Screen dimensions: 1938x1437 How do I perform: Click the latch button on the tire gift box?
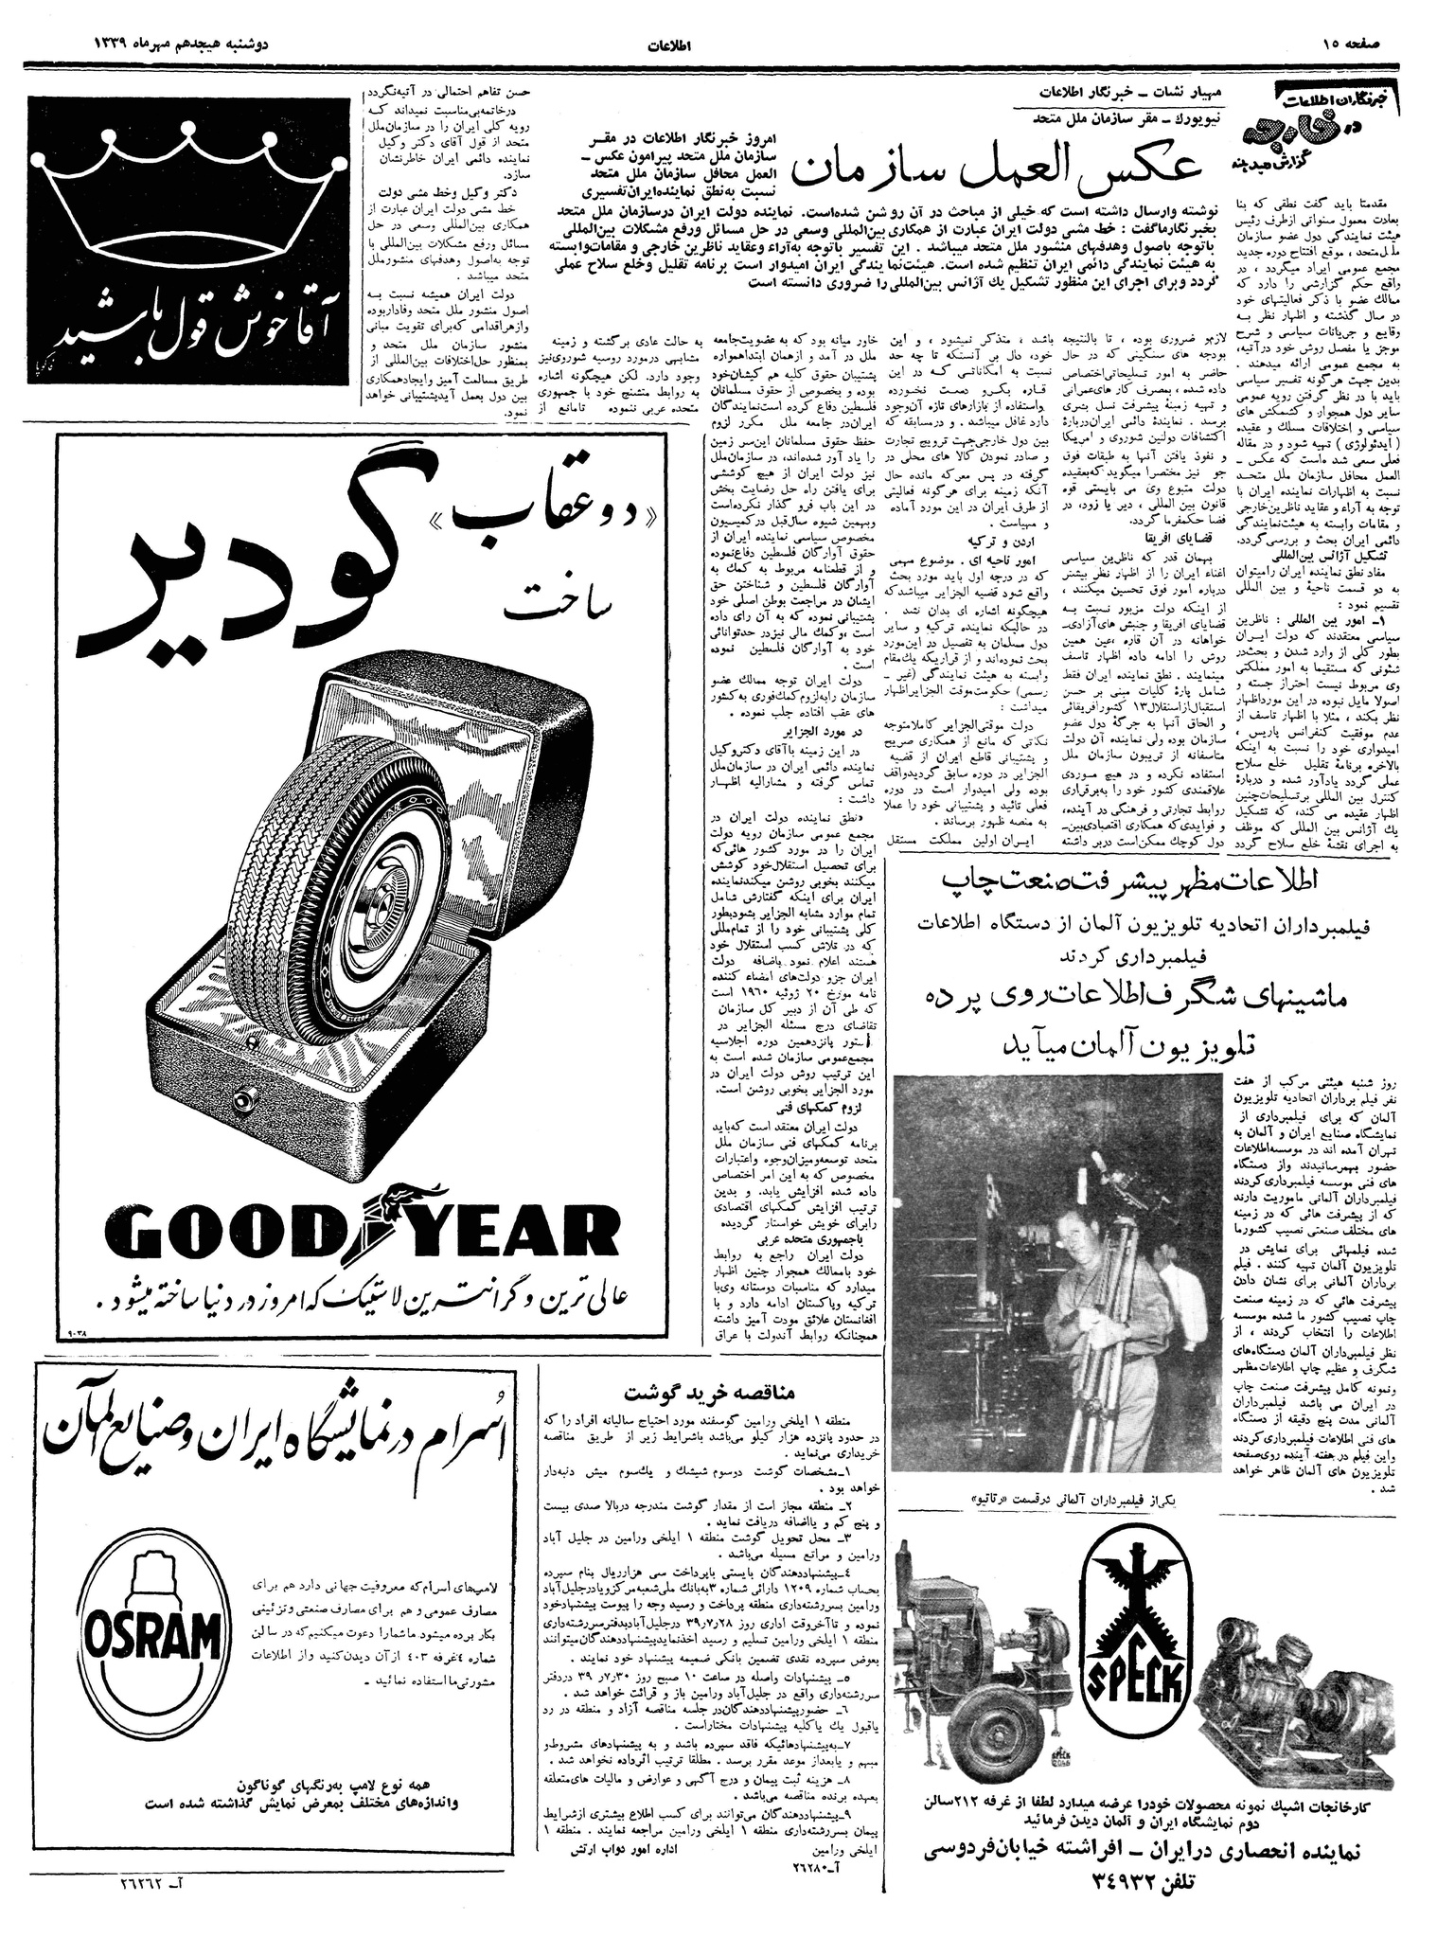[246, 1101]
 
